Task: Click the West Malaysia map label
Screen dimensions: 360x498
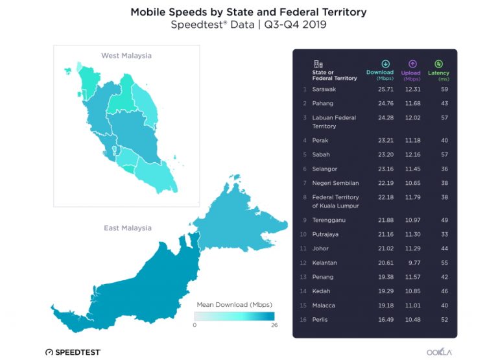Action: (x=126, y=56)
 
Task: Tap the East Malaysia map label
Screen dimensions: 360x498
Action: (x=128, y=228)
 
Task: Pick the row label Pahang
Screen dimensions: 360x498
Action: (x=323, y=103)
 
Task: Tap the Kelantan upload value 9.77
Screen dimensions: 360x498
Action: (x=413, y=263)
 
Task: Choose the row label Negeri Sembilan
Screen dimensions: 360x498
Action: (x=335, y=183)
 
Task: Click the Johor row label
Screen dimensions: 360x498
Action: (x=320, y=248)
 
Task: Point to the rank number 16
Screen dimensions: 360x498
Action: (x=303, y=319)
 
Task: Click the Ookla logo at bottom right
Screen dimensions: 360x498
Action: (x=440, y=351)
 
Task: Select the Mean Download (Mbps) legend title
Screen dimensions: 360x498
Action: (x=235, y=304)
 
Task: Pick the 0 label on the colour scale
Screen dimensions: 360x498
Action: (x=195, y=326)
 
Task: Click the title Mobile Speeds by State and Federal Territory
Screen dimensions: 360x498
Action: (x=248, y=12)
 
